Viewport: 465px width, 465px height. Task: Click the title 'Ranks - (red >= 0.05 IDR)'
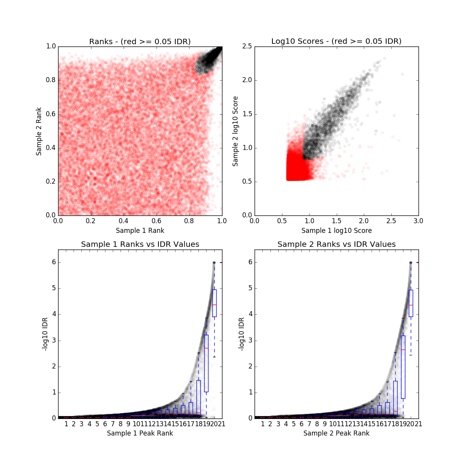(x=140, y=41)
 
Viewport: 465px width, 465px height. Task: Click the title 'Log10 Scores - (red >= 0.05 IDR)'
(x=336, y=41)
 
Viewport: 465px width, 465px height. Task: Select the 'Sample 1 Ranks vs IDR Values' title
(x=140, y=245)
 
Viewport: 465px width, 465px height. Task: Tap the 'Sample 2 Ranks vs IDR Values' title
(x=336, y=245)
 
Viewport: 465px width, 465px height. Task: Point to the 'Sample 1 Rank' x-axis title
(x=140, y=231)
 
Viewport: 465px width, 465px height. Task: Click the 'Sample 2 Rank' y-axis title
(x=39, y=131)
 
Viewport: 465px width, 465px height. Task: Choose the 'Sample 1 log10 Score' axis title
(x=336, y=231)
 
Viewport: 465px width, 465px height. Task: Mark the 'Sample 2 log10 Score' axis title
(x=235, y=131)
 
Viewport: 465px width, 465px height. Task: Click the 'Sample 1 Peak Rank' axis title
(x=140, y=433)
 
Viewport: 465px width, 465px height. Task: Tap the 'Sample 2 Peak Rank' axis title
(x=336, y=433)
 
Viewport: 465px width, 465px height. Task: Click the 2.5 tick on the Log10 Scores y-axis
(x=247, y=46)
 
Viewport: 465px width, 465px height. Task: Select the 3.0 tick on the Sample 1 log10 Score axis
(x=418, y=221)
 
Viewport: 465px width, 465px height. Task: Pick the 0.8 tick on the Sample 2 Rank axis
(x=50, y=80)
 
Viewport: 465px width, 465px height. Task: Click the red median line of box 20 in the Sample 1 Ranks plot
(x=214, y=305)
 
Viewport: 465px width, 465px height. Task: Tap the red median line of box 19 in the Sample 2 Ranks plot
(x=403, y=350)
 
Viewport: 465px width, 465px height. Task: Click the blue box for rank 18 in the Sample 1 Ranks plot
(x=198, y=397)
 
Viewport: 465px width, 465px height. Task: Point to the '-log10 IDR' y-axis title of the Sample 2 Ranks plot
(x=241, y=334)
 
